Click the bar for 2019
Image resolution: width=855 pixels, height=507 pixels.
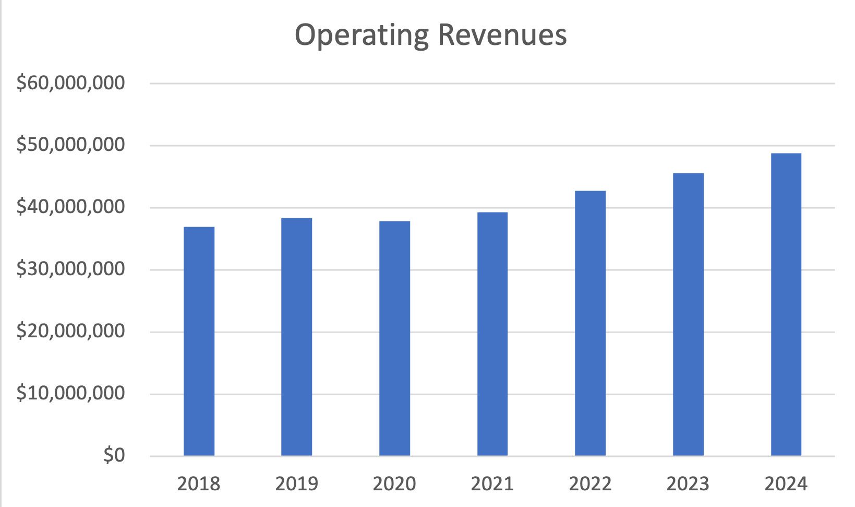296,337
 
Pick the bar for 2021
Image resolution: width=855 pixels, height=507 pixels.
492,334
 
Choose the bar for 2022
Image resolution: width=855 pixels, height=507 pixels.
590,323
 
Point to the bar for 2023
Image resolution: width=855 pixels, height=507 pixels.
688,314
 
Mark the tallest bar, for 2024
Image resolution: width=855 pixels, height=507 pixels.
786,304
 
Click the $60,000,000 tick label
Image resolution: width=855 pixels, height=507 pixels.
70,83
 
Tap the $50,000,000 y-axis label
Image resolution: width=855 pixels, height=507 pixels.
70,145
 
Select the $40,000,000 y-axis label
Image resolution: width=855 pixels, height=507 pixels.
70,207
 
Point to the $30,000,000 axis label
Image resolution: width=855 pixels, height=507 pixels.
70,269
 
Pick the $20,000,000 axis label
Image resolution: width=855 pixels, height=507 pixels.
70,332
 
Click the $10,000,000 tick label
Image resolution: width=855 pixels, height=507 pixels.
70,394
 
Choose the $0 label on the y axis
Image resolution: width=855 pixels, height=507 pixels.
114,456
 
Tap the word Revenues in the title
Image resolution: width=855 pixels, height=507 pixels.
502,36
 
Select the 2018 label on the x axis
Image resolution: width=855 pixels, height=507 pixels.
199,484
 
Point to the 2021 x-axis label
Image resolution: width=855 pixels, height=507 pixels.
492,484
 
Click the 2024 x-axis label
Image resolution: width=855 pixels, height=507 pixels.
786,484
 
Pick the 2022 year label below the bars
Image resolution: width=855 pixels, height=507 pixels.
590,484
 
